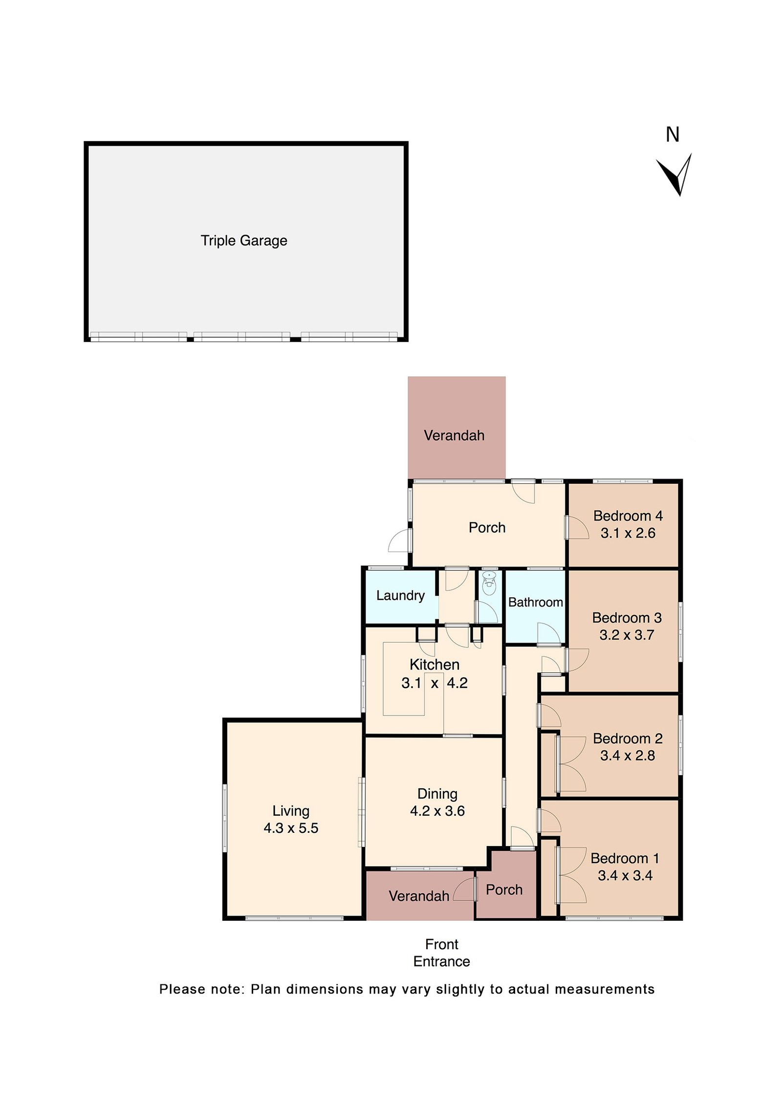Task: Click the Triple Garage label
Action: (x=243, y=240)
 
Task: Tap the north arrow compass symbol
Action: (x=675, y=175)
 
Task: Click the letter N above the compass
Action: (x=672, y=134)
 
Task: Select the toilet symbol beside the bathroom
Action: (x=488, y=583)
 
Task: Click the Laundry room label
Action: (x=400, y=595)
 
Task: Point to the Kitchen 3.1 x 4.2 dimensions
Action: (x=434, y=683)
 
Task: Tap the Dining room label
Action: (x=437, y=794)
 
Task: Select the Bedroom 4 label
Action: (x=628, y=516)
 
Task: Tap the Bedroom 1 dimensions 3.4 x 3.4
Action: (x=625, y=875)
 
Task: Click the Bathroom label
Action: (x=535, y=602)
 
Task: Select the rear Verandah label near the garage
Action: (x=454, y=435)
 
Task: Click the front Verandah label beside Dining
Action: (x=418, y=896)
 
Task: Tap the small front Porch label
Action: (x=504, y=889)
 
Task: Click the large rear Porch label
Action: (x=486, y=527)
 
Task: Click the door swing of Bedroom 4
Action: (x=578, y=529)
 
